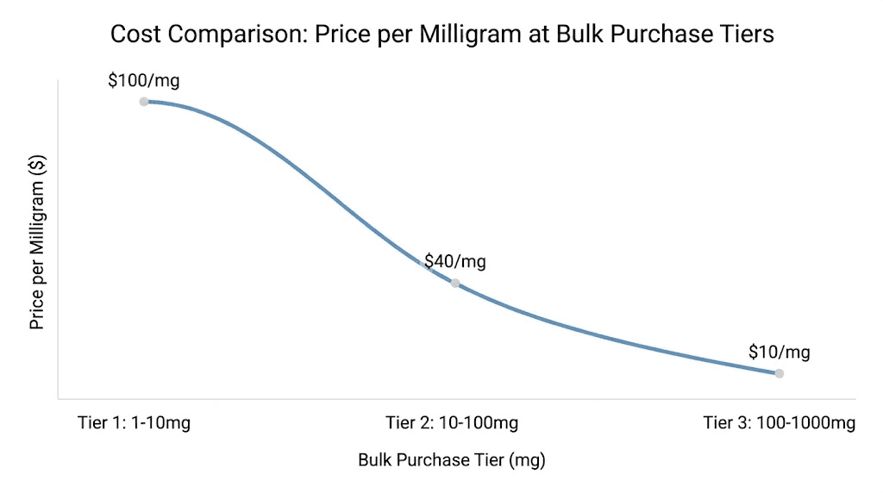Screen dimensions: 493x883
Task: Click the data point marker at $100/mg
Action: pyautogui.click(x=144, y=102)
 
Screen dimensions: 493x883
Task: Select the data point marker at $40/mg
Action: pyautogui.click(x=455, y=283)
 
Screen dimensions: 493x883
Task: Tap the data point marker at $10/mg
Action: pyautogui.click(x=779, y=373)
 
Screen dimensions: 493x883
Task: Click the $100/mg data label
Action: pyautogui.click(x=144, y=81)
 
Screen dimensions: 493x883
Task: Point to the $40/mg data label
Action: pyautogui.click(x=454, y=261)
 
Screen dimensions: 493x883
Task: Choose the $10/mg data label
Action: pyautogui.click(x=779, y=352)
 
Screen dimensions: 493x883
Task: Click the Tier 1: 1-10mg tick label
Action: pyautogui.click(x=133, y=422)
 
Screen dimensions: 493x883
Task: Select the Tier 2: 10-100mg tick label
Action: pyautogui.click(x=452, y=422)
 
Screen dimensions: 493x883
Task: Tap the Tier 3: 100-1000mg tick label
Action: pyautogui.click(x=779, y=422)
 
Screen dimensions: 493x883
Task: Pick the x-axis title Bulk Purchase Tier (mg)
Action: pyautogui.click(x=452, y=459)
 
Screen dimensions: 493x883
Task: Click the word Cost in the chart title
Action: pyautogui.click(x=135, y=34)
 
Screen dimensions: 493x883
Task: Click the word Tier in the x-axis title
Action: pyautogui.click(x=484, y=459)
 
